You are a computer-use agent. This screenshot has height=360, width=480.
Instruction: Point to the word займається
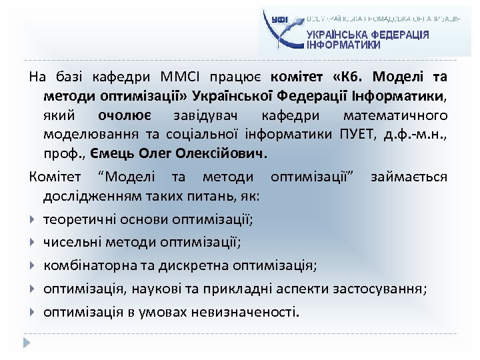coord(409,177)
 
